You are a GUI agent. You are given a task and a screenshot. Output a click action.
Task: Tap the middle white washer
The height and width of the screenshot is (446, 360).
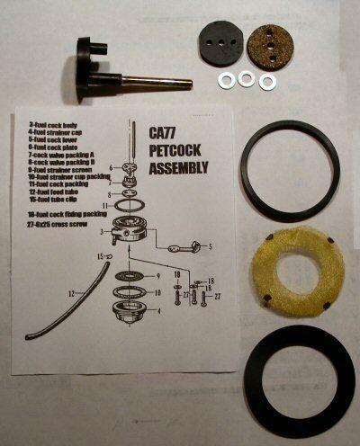coord(246,81)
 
